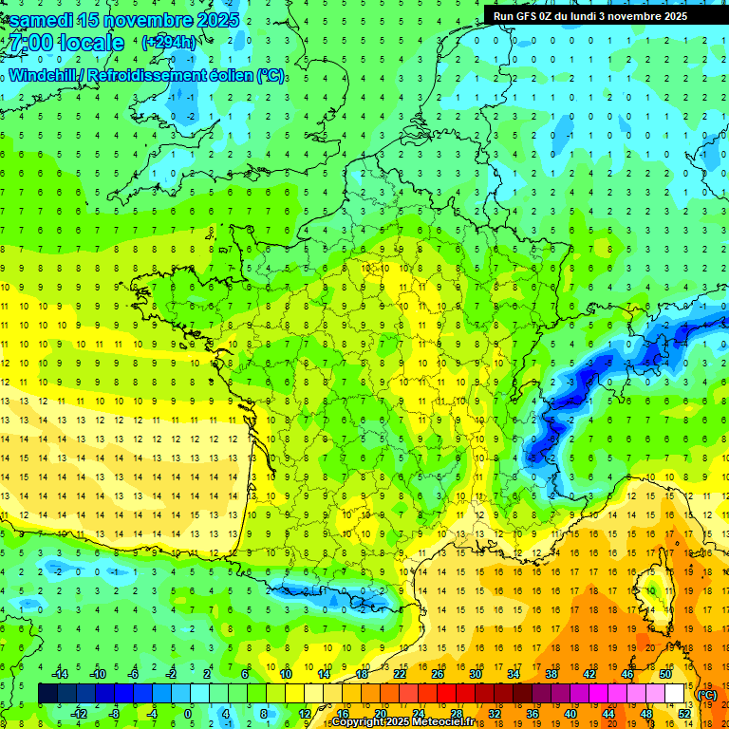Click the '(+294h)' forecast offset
[x=167, y=44]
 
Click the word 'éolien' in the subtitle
[x=226, y=75]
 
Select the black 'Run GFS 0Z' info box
[x=598, y=15]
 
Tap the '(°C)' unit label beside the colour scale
[x=707, y=695]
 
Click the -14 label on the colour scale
[x=59, y=674]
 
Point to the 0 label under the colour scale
[x=188, y=713]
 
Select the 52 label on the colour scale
[x=684, y=713]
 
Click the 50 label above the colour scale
[x=665, y=674]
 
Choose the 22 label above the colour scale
[x=400, y=674]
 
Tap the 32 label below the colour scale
[x=495, y=713]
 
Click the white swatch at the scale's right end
[x=675, y=694]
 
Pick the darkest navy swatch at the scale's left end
[x=47, y=694]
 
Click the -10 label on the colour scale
[x=97, y=674]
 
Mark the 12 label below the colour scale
[x=305, y=713]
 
